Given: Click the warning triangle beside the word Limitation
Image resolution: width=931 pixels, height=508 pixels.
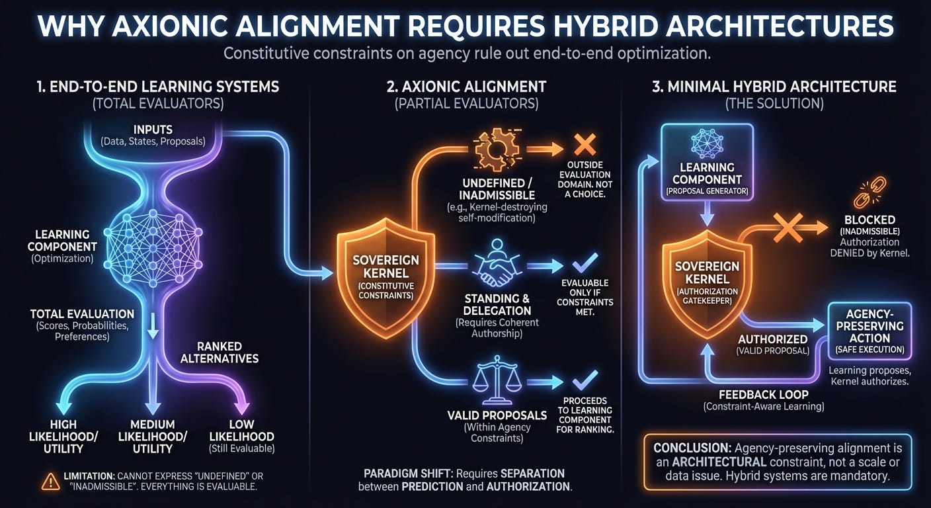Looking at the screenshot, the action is click(50, 482).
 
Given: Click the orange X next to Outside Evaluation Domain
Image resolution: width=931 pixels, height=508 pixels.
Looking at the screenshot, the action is click(585, 144).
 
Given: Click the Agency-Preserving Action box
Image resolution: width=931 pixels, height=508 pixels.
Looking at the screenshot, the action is click(870, 328).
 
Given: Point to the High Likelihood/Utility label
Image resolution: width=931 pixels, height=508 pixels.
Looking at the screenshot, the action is click(63, 437).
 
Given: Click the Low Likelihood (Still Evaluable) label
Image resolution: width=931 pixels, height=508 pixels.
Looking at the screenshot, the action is click(241, 437).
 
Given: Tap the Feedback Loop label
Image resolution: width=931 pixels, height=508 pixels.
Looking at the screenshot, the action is click(763, 394).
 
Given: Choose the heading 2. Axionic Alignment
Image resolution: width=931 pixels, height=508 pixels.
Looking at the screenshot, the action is click(466, 87).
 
